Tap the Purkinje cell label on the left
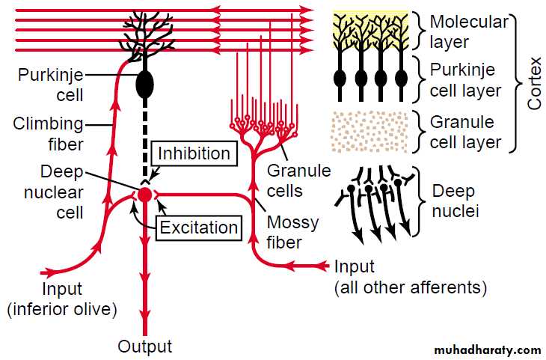pyautogui.click(x=52, y=85)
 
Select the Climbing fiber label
pyautogui.click(x=47, y=132)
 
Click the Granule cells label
pyautogui.click(x=298, y=180)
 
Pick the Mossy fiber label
pyautogui.click(x=293, y=232)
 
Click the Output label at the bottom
pyautogui.click(x=145, y=347)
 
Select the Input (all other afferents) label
pyautogui.click(x=410, y=276)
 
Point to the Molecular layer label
pyautogui.click(x=468, y=31)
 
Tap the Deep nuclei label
pyautogui.click(x=455, y=201)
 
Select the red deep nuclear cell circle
pyautogui.click(x=145, y=194)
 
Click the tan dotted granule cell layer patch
pyautogui.click(x=369, y=131)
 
